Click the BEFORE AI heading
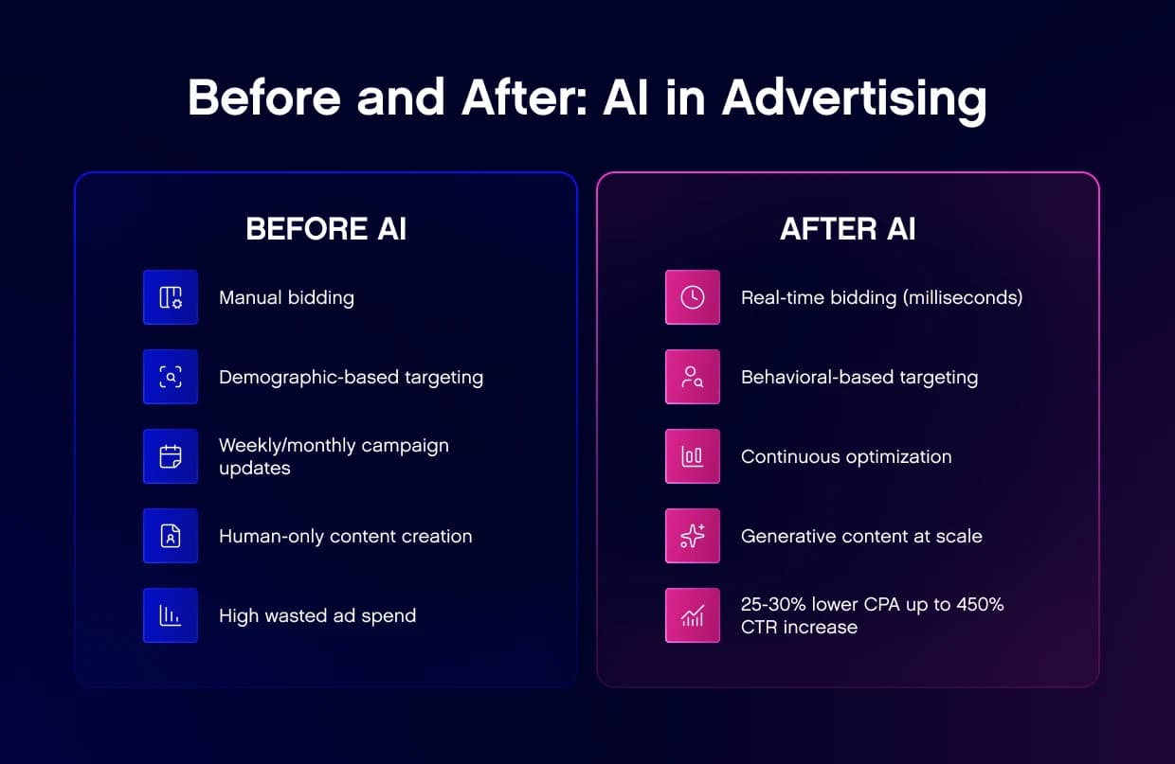pyautogui.click(x=326, y=229)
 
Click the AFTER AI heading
pyautogui.click(x=847, y=229)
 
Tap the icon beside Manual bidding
pyautogui.click(x=171, y=297)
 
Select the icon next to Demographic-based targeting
pyautogui.click(x=171, y=377)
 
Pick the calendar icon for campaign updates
pyautogui.click(x=171, y=456)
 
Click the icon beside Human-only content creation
pyautogui.click(x=171, y=536)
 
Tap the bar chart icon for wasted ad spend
pyautogui.click(x=171, y=615)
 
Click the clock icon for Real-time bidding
pyautogui.click(x=693, y=297)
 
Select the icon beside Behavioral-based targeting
pyautogui.click(x=693, y=377)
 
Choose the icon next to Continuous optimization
pyautogui.click(x=693, y=456)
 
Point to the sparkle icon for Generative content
pyautogui.click(x=693, y=536)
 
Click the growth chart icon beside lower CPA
pyautogui.click(x=693, y=615)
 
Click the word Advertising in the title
pyautogui.click(x=854, y=98)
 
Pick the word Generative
pyautogui.click(x=786, y=536)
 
